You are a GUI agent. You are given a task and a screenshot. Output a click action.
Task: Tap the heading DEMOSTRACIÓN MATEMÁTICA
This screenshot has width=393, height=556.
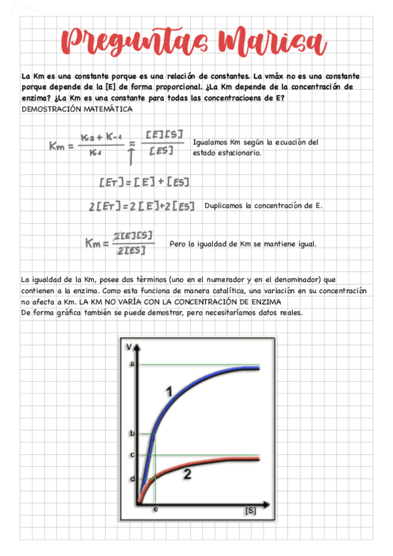click(x=77, y=109)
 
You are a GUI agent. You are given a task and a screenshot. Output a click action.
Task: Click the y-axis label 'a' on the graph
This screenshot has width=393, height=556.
click(x=133, y=363)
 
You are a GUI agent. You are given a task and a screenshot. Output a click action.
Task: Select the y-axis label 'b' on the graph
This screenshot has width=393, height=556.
click(x=133, y=433)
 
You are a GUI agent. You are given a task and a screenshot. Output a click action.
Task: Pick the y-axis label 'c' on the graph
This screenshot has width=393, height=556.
click(x=133, y=454)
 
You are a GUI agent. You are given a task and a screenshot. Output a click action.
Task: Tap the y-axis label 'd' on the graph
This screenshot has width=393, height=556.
click(x=133, y=479)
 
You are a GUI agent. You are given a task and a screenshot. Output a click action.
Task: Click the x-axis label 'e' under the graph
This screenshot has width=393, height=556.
click(x=155, y=509)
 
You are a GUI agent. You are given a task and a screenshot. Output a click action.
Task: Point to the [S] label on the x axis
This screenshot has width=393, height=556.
click(x=249, y=509)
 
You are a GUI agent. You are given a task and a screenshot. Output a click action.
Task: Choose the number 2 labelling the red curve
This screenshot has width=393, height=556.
click(x=187, y=475)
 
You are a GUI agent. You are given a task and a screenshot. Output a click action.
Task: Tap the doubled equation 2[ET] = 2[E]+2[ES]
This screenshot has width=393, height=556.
click(x=142, y=206)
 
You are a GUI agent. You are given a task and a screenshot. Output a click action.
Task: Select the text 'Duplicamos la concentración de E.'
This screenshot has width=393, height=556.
click(x=263, y=205)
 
